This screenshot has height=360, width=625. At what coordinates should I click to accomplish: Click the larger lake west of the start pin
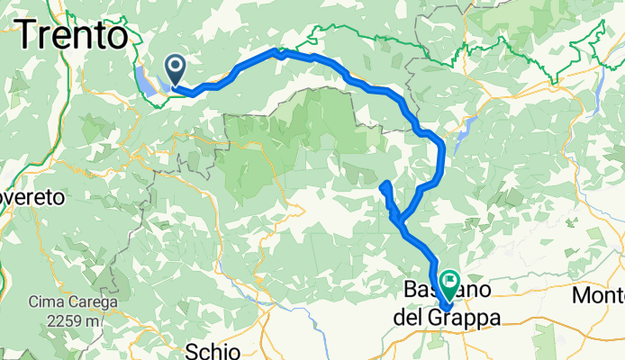point(146,77)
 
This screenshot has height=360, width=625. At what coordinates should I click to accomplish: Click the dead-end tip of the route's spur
point(385,185)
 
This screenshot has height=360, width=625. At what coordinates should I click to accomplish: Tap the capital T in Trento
point(27,36)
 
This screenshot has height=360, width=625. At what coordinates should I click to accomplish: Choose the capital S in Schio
point(192,349)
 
